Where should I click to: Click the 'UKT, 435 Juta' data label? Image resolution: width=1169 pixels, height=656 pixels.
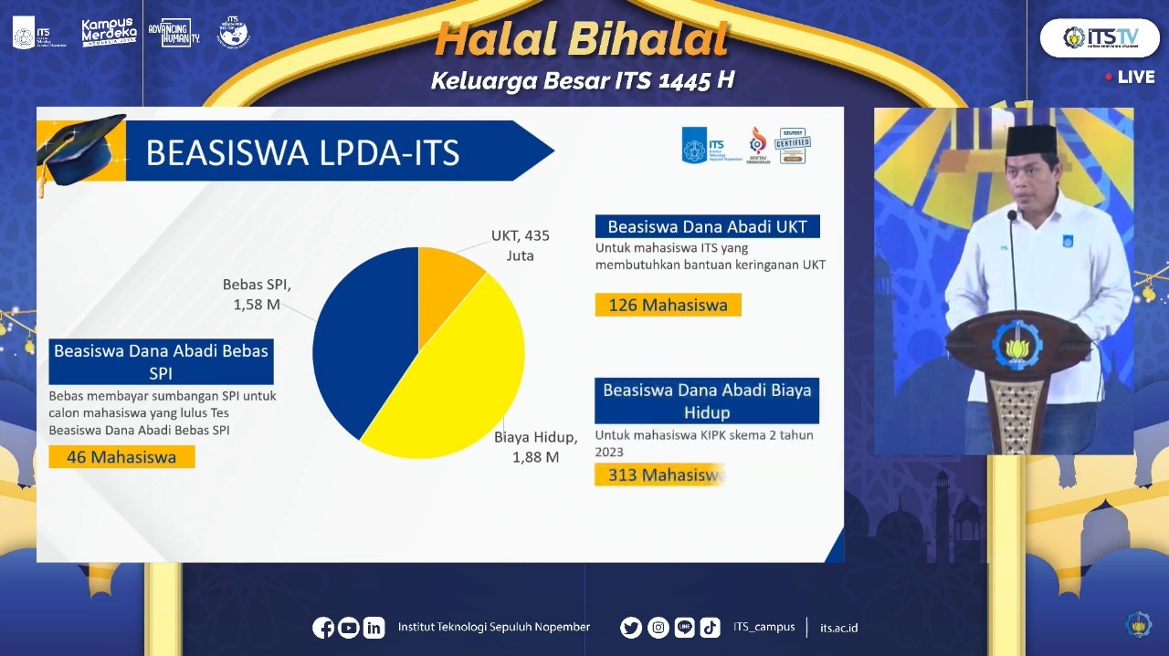(520, 245)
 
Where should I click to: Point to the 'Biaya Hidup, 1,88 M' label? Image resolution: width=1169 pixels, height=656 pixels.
(535, 447)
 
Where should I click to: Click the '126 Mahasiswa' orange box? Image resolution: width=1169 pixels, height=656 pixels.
(668, 305)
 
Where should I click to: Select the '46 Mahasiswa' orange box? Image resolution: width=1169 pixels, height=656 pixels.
(121, 457)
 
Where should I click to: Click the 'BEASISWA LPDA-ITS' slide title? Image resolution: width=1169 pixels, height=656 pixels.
(302, 152)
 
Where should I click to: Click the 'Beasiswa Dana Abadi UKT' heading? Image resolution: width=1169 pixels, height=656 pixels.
(707, 226)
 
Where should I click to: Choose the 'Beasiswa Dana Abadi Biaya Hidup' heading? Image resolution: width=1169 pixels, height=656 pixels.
(707, 401)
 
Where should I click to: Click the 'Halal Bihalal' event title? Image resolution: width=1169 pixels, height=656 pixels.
(582, 39)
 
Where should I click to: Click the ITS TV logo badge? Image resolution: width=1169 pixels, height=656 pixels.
(1099, 37)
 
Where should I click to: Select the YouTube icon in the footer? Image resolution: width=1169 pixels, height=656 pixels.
(348, 628)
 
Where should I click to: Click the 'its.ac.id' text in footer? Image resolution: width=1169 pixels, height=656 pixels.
(838, 628)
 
